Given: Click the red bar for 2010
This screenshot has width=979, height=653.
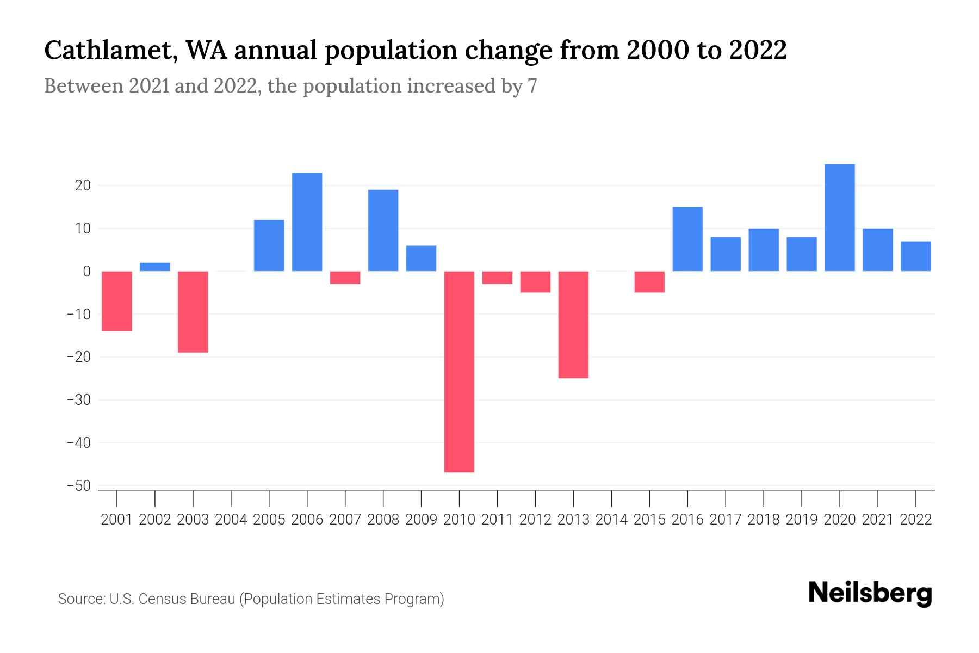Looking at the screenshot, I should click(459, 371).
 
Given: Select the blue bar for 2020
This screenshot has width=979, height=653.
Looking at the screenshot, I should click(840, 218).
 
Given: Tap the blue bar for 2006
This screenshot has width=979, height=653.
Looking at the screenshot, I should click(307, 222).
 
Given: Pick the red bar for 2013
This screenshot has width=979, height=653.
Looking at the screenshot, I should click(573, 324).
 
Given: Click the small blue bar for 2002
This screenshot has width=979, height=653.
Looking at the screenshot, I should click(155, 267).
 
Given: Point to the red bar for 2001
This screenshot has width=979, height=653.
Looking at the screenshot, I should click(117, 301).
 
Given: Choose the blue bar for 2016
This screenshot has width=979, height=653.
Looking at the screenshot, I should click(687, 239).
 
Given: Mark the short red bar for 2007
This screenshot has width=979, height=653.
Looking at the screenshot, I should click(345, 278).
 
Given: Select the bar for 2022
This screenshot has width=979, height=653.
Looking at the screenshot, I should click(916, 256).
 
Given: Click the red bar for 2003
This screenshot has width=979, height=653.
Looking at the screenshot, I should click(193, 312).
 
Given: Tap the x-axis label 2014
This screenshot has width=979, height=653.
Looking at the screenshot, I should click(611, 520).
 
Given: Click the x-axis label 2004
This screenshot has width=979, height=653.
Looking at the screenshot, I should click(231, 520).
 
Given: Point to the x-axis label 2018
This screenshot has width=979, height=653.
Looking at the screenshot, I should click(764, 520).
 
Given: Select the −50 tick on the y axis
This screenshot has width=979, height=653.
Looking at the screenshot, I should click(78, 486).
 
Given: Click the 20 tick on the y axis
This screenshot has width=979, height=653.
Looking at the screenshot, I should click(83, 186).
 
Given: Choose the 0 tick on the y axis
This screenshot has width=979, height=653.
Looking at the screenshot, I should click(86, 272).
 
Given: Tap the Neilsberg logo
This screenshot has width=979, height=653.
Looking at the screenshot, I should click(870, 593).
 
